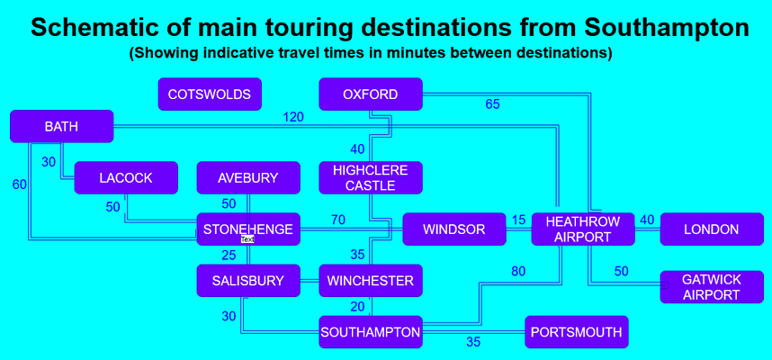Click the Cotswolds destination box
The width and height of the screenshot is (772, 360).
point(210,94)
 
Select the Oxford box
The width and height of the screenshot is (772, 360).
point(371,94)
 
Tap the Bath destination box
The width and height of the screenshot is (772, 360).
point(61,127)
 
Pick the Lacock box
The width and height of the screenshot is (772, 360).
point(126,178)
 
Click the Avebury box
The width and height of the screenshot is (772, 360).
point(248,178)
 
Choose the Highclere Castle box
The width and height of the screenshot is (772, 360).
point(371,178)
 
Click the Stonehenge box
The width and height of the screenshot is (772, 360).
point(248,229)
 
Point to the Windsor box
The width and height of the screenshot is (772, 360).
point(454,229)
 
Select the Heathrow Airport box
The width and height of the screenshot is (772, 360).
point(583,229)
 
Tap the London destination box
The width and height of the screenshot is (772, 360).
point(711,229)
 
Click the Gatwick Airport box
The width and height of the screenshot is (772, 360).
point(711,287)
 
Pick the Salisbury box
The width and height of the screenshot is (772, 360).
point(248,281)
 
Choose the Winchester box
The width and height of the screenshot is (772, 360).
point(371,281)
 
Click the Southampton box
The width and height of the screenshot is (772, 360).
point(371,332)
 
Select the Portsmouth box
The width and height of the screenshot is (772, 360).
point(576,332)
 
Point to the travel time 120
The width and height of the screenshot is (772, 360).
point(293,117)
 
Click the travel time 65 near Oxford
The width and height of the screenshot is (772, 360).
point(492,104)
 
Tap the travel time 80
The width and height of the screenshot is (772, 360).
point(518,271)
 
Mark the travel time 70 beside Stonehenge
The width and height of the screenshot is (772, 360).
point(337,220)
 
